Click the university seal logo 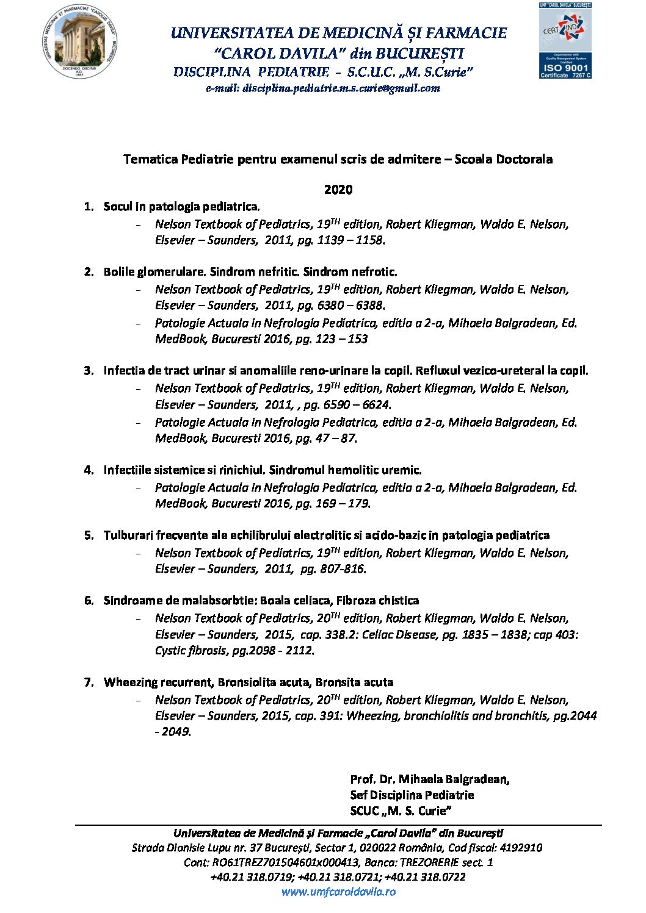pyautogui.click(x=80, y=41)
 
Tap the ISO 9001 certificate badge pyautogui.click(x=565, y=41)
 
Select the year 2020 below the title pyautogui.click(x=338, y=190)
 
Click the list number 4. pyautogui.click(x=89, y=470)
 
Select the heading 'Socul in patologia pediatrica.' pyautogui.click(x=182, y=207)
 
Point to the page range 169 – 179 pyautogui.click(x=343, y=504)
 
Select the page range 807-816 pyautogui.click(x=343, y=569)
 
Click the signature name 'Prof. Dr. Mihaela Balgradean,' pyautogui.click(x=430, y=779)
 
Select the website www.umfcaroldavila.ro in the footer pyautogui.click(x=338, y=892)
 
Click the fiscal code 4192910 pyautogui.click(x=521, y=848)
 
